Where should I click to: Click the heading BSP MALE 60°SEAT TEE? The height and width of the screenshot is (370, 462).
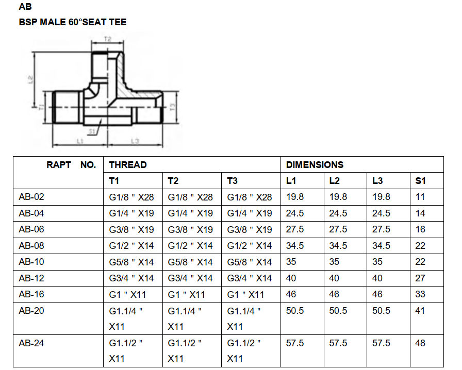(x=73, y=22)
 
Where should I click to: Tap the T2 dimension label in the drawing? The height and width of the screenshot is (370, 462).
(x=108, y=39)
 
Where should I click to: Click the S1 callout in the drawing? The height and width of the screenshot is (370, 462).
(x=91, y=131)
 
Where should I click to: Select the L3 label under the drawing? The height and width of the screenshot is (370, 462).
(x=135, y=141)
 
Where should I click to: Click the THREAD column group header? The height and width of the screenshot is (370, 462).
(x=128, y=165)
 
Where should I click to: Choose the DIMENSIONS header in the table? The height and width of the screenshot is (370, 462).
(x=315, y=165)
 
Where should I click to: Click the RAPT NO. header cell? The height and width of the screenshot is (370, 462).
(x=71, y=165)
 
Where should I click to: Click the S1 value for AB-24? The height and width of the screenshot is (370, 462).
(x=420, y=343)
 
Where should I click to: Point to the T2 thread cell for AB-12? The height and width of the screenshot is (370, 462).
(x=190, y=278)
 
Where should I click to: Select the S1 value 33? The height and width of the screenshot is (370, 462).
(x=420, y=294)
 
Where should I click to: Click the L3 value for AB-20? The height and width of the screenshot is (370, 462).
(x=382, y=311)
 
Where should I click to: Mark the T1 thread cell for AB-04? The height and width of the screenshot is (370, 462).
(x=131, y=213)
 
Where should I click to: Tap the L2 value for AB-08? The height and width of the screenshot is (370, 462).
(x=338, y=246)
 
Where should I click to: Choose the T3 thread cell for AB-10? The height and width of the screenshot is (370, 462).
(x=250, y=262)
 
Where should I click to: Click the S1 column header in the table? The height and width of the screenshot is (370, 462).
(x=421, y=181)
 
